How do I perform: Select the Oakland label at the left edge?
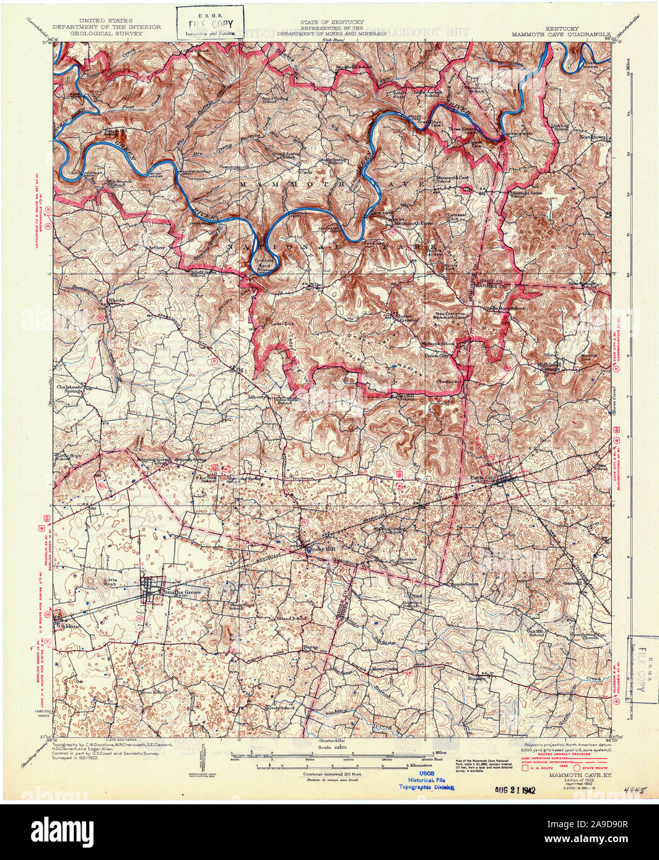click(69, 626)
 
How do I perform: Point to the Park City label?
click(484, 477)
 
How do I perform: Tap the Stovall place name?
click(574, 582)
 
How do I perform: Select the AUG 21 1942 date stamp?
click(515, 790)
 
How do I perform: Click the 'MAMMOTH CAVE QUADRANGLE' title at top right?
click(561, 35)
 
